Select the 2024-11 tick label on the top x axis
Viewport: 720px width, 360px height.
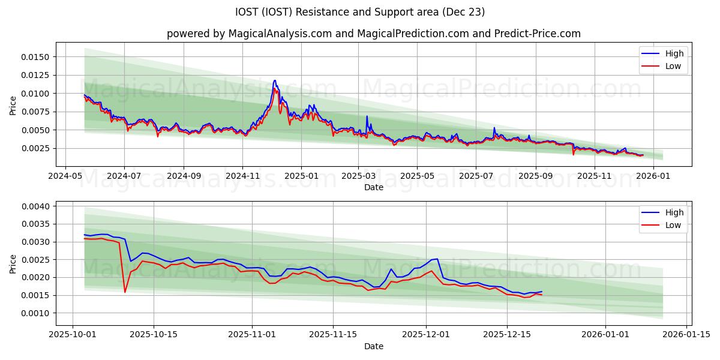(242, 177)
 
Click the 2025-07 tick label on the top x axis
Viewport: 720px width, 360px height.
(476, 177)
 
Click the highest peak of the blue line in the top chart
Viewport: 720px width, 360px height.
(275, 80)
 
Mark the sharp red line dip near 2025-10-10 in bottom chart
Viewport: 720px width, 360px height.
(125, 292)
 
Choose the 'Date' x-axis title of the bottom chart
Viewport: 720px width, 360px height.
(373, 346)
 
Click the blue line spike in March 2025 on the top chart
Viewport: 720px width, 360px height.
(367, 116)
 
